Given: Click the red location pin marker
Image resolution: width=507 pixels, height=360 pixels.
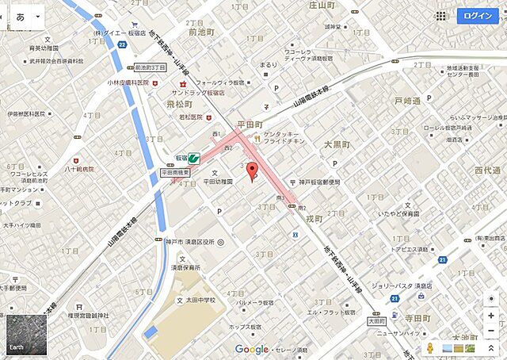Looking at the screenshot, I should [x=252, y=170].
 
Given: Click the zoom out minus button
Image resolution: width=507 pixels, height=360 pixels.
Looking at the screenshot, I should [x=491, y=316].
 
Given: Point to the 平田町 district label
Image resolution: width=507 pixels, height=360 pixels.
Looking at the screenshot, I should [x=254, y=124].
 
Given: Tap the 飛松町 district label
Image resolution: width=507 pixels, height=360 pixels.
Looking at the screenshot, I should [x=181, y=104].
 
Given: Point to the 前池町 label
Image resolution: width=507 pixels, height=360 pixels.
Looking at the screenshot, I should [x=203, y=32].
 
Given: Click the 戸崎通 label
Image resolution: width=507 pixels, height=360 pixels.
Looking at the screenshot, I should [x=407, y=101].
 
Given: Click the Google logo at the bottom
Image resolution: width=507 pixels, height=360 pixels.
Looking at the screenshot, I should [x=251, y=350].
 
